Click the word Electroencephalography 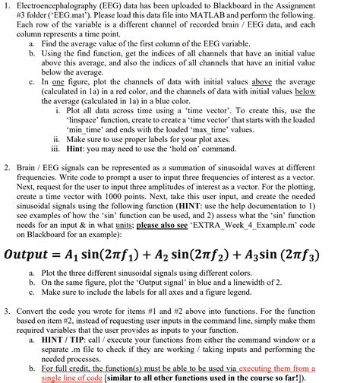pos(58,7)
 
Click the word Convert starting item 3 pos(35,312)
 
